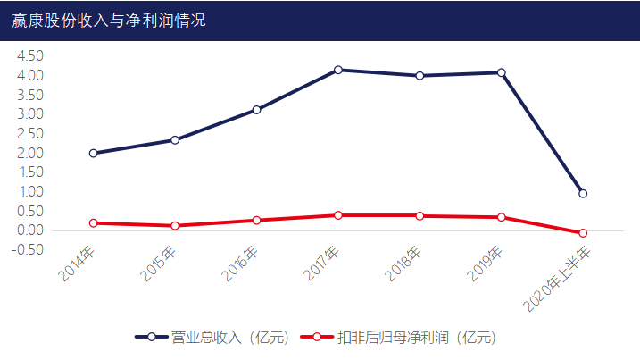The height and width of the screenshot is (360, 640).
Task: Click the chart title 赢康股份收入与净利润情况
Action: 109,20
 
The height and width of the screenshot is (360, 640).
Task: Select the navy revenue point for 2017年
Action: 338,70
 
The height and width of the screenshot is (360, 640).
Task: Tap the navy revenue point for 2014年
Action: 94,153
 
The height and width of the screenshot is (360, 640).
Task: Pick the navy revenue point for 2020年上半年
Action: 583,193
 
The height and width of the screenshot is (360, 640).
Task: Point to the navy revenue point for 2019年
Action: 502,72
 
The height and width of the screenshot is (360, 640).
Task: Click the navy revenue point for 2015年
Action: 175,139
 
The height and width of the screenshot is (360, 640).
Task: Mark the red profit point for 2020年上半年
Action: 583,233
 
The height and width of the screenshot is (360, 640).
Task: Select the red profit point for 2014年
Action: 94,222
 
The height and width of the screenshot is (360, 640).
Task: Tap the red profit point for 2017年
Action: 338,215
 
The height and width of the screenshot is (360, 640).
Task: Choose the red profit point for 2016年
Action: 257,220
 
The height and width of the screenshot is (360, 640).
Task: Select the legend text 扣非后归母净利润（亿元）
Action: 416,338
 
